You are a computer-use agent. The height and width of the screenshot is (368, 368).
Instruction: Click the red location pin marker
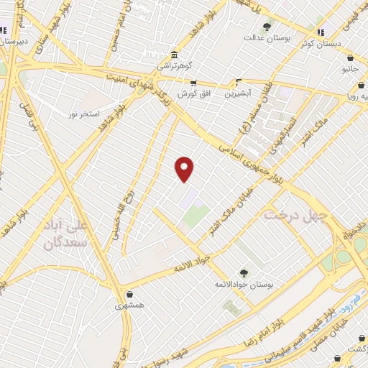pos(185,168)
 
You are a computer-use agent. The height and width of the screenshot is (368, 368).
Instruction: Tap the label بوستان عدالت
pos(267,37)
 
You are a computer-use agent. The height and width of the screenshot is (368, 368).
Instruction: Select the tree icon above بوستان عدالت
pos(267,27)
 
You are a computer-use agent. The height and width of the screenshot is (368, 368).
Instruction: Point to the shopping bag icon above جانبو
pos(350,58)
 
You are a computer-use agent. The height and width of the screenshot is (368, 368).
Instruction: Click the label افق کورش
pos(193,94)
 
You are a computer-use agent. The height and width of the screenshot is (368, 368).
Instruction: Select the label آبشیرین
pos(238,93)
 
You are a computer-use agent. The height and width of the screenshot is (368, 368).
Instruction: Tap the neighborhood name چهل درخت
pos(295,214)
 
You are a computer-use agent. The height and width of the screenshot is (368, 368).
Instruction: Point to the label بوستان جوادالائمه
pos(243,284)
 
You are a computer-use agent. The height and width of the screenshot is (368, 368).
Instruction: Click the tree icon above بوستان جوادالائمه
pos(243,273)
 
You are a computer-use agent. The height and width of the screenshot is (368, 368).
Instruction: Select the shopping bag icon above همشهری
pos(129,294)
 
